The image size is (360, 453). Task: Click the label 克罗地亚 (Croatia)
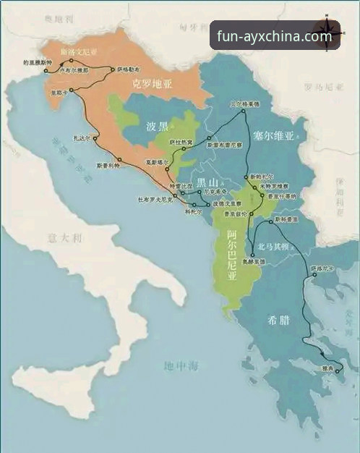click(153, 85)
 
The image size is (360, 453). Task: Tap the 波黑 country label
click(157, 125)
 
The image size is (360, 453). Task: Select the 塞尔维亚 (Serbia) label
click(274, 135)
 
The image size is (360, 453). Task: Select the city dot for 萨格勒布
click(113, 69)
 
